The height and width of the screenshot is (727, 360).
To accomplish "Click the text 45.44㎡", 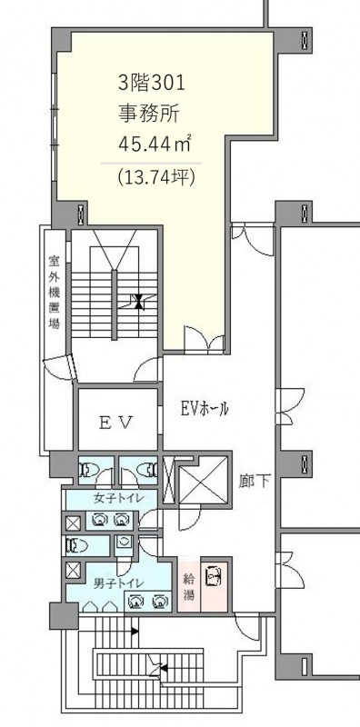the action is [x=155, y=145].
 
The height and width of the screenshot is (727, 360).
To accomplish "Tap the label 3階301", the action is [x=152, y=84].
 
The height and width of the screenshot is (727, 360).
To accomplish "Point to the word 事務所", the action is [x=148, y=115].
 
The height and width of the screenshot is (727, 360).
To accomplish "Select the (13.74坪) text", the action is [x=155, y=177].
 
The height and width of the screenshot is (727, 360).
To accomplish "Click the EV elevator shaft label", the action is [x=117, y=423].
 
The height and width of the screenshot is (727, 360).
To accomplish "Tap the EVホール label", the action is [x=205, y=408].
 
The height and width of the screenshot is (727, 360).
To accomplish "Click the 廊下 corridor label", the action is [x=255, y=481].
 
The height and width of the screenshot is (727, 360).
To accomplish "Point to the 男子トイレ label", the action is [x=118, y=583].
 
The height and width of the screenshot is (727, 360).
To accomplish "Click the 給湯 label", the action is [x=189, y=585].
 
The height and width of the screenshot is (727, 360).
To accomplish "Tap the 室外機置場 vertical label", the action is [x=55, y=291].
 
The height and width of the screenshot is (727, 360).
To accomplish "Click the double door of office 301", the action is [x=205, y=340].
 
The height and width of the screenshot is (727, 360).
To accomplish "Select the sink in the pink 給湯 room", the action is [x=214, y=578].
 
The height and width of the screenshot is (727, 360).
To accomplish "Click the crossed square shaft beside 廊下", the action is [x=204, y=480].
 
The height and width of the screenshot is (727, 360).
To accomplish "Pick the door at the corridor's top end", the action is [x=253, y=240].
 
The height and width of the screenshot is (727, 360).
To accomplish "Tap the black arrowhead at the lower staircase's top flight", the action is [x=134, y=631].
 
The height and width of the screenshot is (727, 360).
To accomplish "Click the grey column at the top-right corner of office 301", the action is [x=292, y=41].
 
